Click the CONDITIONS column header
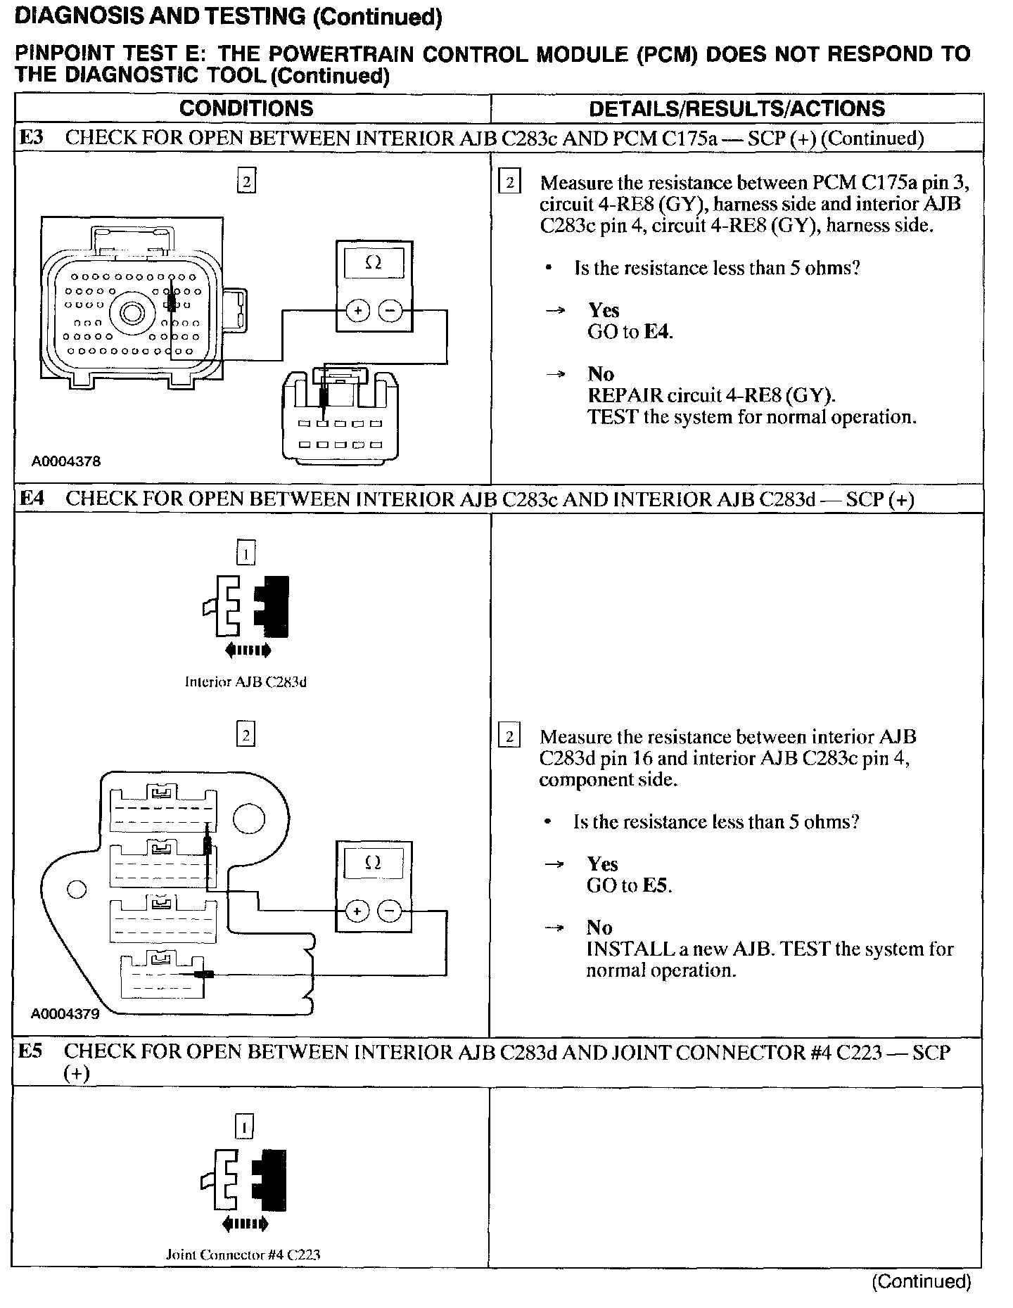click(x=246, y=108)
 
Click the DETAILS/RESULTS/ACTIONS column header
click(x=737, y=108)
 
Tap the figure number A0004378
click(x=65, y=461)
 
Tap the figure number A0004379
click(x=65, y=1014)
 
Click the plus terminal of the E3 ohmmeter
click(x=358, y=310)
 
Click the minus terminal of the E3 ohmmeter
click(x=390, y=310)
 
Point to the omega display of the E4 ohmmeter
click(x=374, y=864)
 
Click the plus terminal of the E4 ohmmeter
click(x=357, y=912)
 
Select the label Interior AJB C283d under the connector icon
click(x=246, y=681)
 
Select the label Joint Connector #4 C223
click(x=243, y=1255)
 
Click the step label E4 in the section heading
click(x=32, y=499)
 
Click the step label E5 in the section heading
click(x=30, y=1052)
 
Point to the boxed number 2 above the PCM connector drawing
click(x=246, y=181)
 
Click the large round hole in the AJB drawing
click(x=249, y=817)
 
